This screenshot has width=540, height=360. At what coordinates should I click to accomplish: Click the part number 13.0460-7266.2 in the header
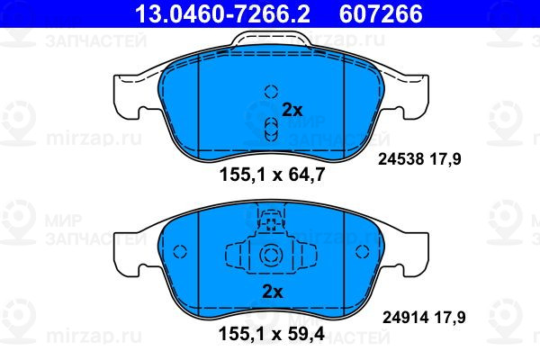pos(223,14)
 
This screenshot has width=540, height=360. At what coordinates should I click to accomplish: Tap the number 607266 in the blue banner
pos(381,14)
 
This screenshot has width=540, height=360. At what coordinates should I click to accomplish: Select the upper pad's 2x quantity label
pos(292,110)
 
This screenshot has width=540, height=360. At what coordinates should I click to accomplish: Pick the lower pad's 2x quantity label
pos(273,292)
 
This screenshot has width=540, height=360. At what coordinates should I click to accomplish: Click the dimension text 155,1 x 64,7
pos(272,175)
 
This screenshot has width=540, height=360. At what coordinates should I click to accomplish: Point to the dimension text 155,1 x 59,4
pos(272,334)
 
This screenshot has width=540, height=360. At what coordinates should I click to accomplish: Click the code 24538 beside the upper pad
pos(400,159)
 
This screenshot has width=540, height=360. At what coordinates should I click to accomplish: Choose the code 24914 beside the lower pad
pos(405,318)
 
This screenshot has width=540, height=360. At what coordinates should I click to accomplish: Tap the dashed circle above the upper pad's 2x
pos(271,92)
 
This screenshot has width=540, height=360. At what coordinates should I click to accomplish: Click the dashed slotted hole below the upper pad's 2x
pos(271,130)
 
